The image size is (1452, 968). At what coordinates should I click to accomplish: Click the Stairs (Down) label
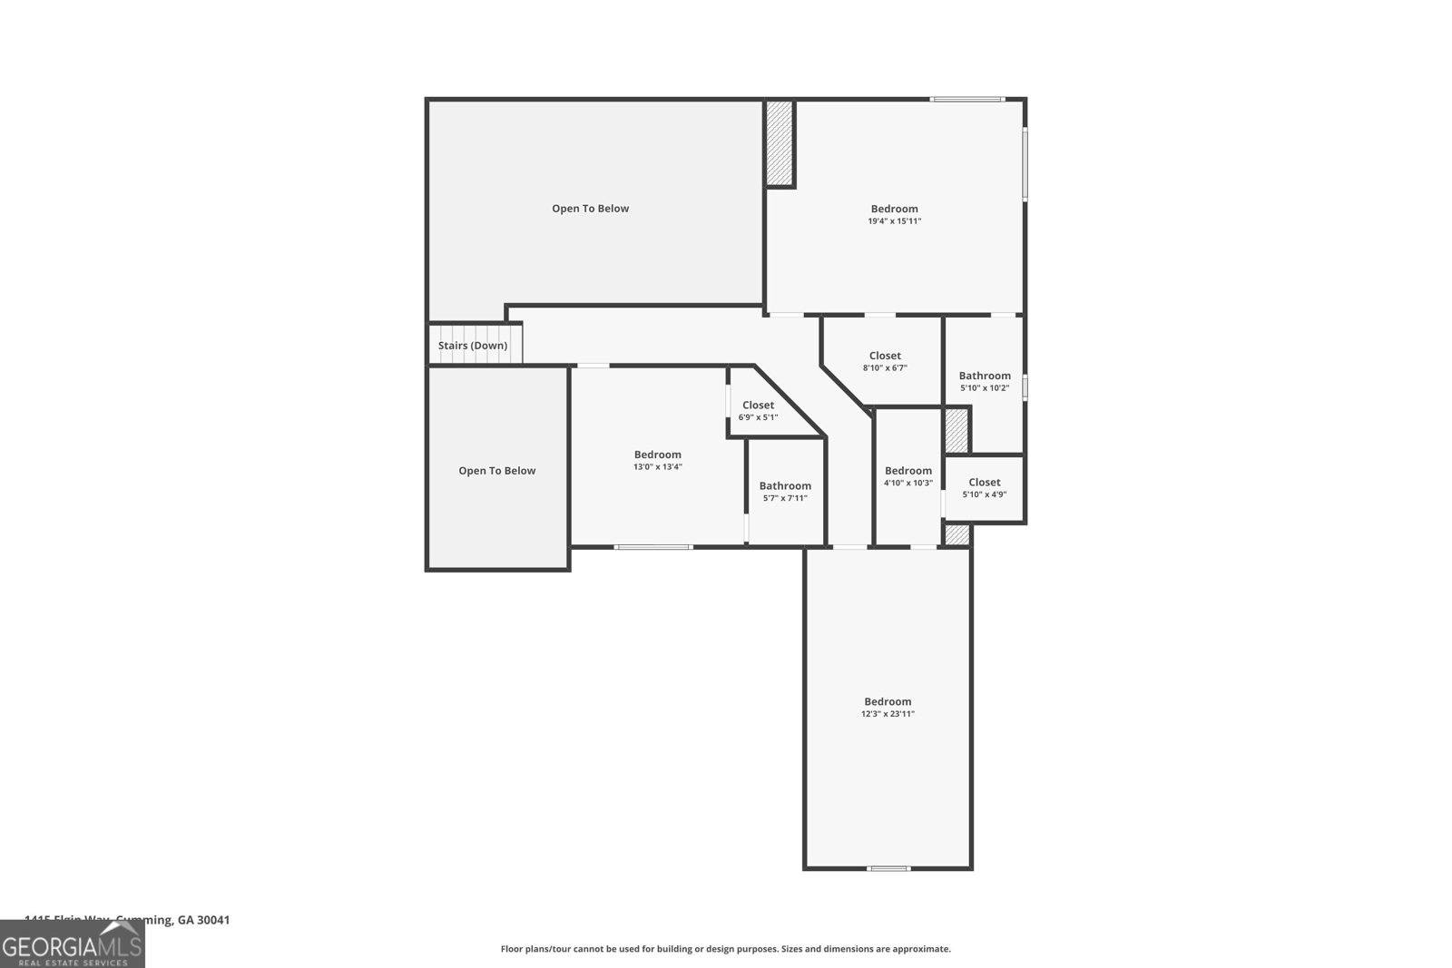pyautogui.click(x=473, y=346)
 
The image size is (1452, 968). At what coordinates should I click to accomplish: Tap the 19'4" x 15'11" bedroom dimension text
pyautogui.click(x=894, y=221)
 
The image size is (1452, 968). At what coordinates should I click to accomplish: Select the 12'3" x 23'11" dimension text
pyautogui.click(x=888, y=714)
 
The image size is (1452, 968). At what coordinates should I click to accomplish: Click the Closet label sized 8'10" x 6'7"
pyautogui.click(x=885, y=356)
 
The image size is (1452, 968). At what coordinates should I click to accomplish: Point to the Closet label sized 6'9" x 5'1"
pyautogui.click(x=758, y=406)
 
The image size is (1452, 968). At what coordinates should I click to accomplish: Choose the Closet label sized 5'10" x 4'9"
pyautogui.click(x=984, y=483)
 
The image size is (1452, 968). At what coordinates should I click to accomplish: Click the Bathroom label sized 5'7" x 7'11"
pyautogui.click(x=785, y=486)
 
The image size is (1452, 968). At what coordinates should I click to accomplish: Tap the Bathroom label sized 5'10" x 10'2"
pyautogui.click(x=985, y=376)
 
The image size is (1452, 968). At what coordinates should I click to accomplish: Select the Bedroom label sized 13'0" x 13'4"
pyautogui.click(x=657, y=455)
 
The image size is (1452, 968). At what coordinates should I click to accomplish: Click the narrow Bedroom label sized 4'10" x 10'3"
pyautogui.click(x=907, y=471)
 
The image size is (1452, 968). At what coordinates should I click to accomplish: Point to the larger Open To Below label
pyautogui.click(x=590, y=209)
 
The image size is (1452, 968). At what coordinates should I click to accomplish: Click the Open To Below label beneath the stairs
pyautogui.click(x=496, y=471)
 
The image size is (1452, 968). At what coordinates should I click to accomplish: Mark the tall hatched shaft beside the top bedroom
pyautogui.click(x=780, y=142)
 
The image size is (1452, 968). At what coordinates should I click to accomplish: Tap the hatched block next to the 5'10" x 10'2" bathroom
pyautogui.click(x=957, y=430)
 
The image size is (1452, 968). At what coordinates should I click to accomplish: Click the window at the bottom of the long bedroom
pyautogui.click(x=888, y=868)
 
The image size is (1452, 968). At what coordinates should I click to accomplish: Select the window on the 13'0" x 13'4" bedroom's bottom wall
pyautogui.click(x=653, y=546)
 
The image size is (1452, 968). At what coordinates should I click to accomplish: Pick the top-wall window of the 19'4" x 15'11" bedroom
pyautogui.click(x=967, y=99)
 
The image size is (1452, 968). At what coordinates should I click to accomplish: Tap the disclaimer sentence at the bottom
pyautogui.click(x=725, y=949)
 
